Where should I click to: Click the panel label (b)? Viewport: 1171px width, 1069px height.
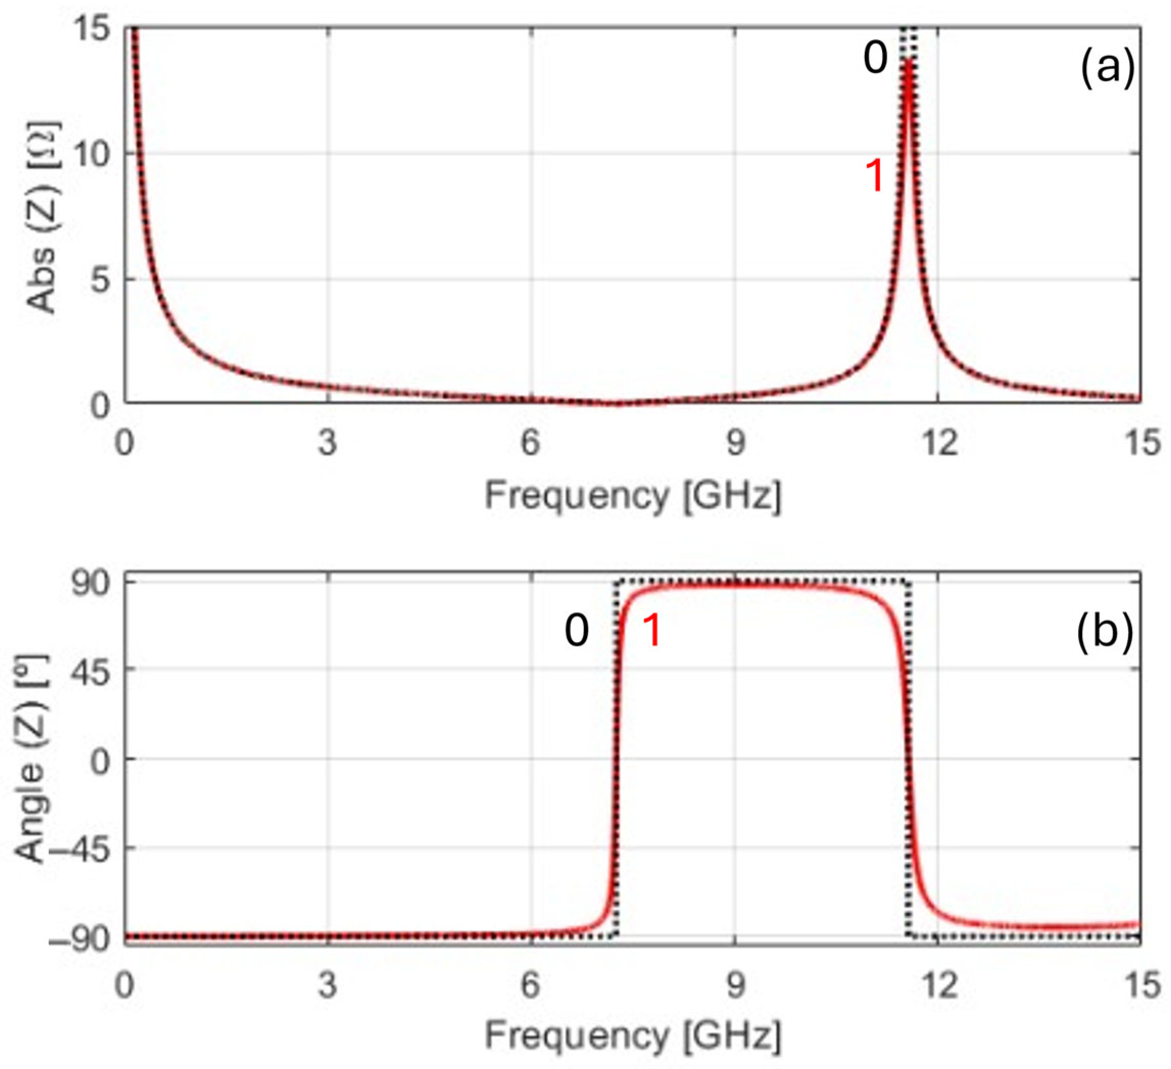tap(1104, 631)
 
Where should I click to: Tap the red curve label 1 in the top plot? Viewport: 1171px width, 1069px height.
tap(875, 176)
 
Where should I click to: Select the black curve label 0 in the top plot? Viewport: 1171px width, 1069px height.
tap(875, 59)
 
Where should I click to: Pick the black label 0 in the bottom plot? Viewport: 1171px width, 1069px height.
tap(577, 631)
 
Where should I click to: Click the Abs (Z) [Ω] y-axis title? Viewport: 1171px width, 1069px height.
tap(42, 217)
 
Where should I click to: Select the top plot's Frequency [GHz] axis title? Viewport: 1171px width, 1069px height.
tap(632, 496)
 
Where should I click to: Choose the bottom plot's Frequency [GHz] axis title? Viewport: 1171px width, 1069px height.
tap(632, 1034)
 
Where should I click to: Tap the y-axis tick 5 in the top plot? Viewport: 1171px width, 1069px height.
tap(101, 279)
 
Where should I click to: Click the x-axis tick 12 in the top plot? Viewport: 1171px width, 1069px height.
tap(939, 443)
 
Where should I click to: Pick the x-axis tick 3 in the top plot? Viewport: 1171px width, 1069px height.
tap(328, 443)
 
